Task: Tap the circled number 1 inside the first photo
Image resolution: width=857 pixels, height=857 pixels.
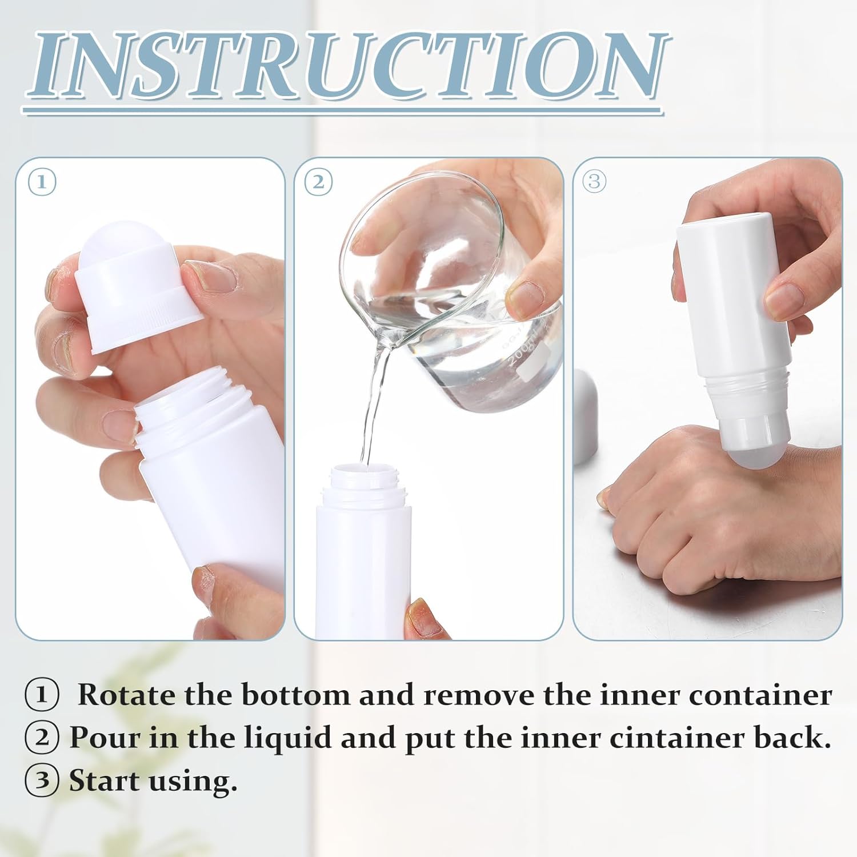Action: pos(42,183)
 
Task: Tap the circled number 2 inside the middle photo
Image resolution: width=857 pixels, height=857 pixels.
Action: pos(318,182)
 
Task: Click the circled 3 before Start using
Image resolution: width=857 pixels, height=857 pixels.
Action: pos(42,781)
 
